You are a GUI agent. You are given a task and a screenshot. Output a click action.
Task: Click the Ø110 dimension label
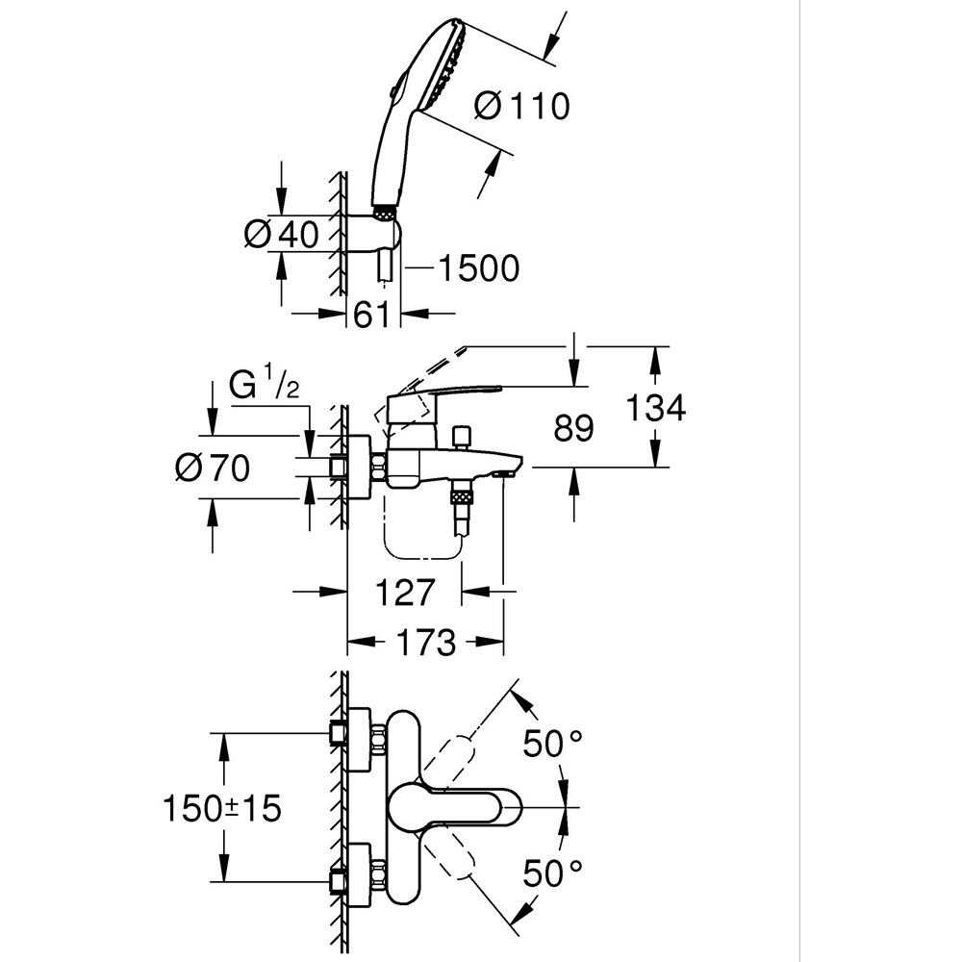(x=522, y=106)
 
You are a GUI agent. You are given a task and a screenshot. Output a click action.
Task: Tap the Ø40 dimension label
(x=282, y=234)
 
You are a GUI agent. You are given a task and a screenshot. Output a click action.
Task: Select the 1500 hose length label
(x=478, y=268)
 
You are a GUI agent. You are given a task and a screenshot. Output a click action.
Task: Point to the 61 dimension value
(x=372, y=316)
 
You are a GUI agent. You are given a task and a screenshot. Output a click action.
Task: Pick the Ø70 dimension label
(x=213, y=468)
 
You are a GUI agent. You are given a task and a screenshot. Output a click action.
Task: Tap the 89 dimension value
(x=573, y=428)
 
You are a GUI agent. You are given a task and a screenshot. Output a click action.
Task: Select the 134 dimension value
(x=655, y=407)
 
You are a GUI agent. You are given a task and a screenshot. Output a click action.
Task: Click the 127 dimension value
(x=404, y=592)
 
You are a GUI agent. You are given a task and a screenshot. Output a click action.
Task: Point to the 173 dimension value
(x=426, y=643)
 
